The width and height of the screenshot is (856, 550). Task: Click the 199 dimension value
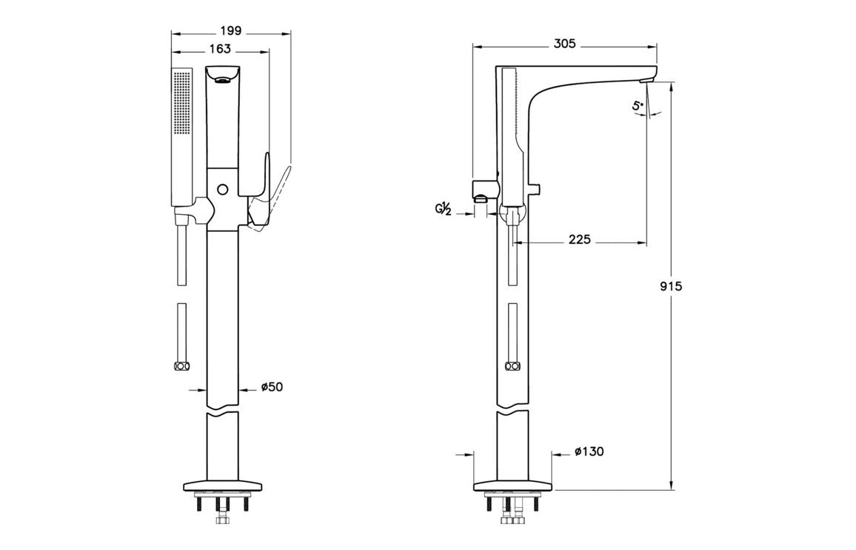pyautogui.click(x=231, y=31)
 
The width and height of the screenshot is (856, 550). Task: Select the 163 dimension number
pyautogui.click(x=219, y=49)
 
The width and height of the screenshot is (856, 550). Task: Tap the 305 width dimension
pyautogui.click(x=564, y=44)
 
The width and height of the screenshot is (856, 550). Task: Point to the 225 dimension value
pyautogui.click(x=579, y=240)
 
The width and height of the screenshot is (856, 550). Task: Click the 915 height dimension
pyautogui.click(x=671, y=286)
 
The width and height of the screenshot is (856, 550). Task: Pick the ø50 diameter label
pyautogui.click(x=272, y=387)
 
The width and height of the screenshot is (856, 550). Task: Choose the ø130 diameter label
pyautogui.click(x=589, y=451)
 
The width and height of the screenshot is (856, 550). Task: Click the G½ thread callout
pyautogui.click(x=444, y=210)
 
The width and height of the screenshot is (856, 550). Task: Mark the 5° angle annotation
pyautogui.click(x=638, y=106)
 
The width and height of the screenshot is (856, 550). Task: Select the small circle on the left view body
pyautogui.click(x=221, y=189)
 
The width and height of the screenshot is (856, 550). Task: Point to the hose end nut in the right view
pyautogui.click(x=511, y=366)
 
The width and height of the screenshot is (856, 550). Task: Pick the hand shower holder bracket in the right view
pyautogui.click(x=483, y=190)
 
